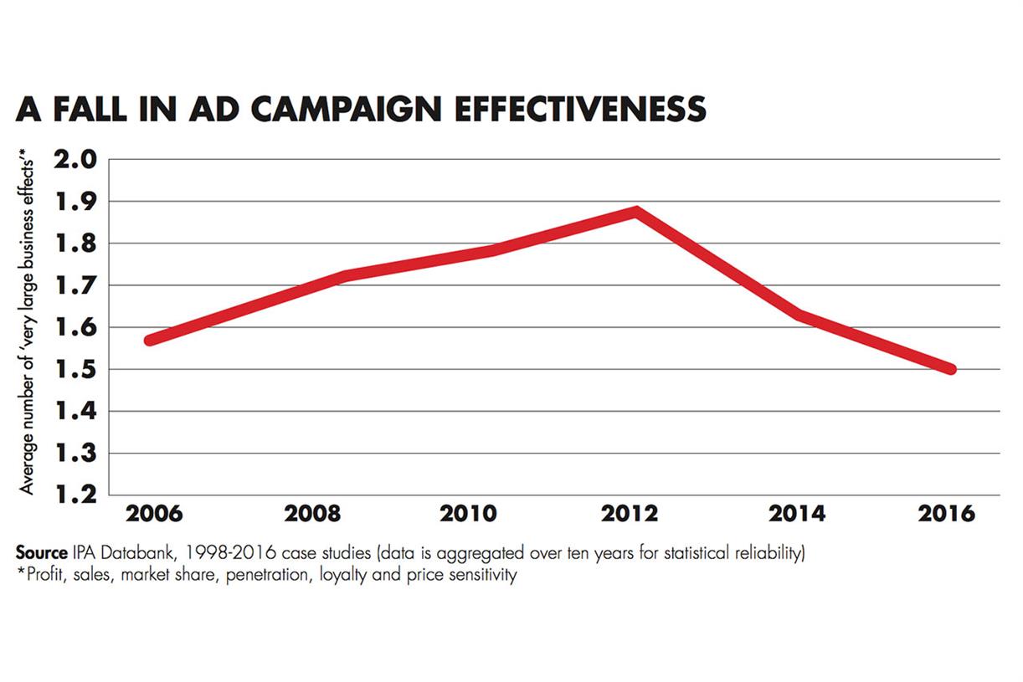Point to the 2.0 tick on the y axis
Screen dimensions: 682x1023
[76, 159]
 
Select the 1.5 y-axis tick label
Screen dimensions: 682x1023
[76, 369]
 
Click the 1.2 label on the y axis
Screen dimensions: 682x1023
[76, 495]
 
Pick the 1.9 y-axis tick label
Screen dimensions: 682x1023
[76, 201]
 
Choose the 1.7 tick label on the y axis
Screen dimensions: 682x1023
[76, 285]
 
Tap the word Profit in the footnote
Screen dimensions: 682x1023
[42, 577]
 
